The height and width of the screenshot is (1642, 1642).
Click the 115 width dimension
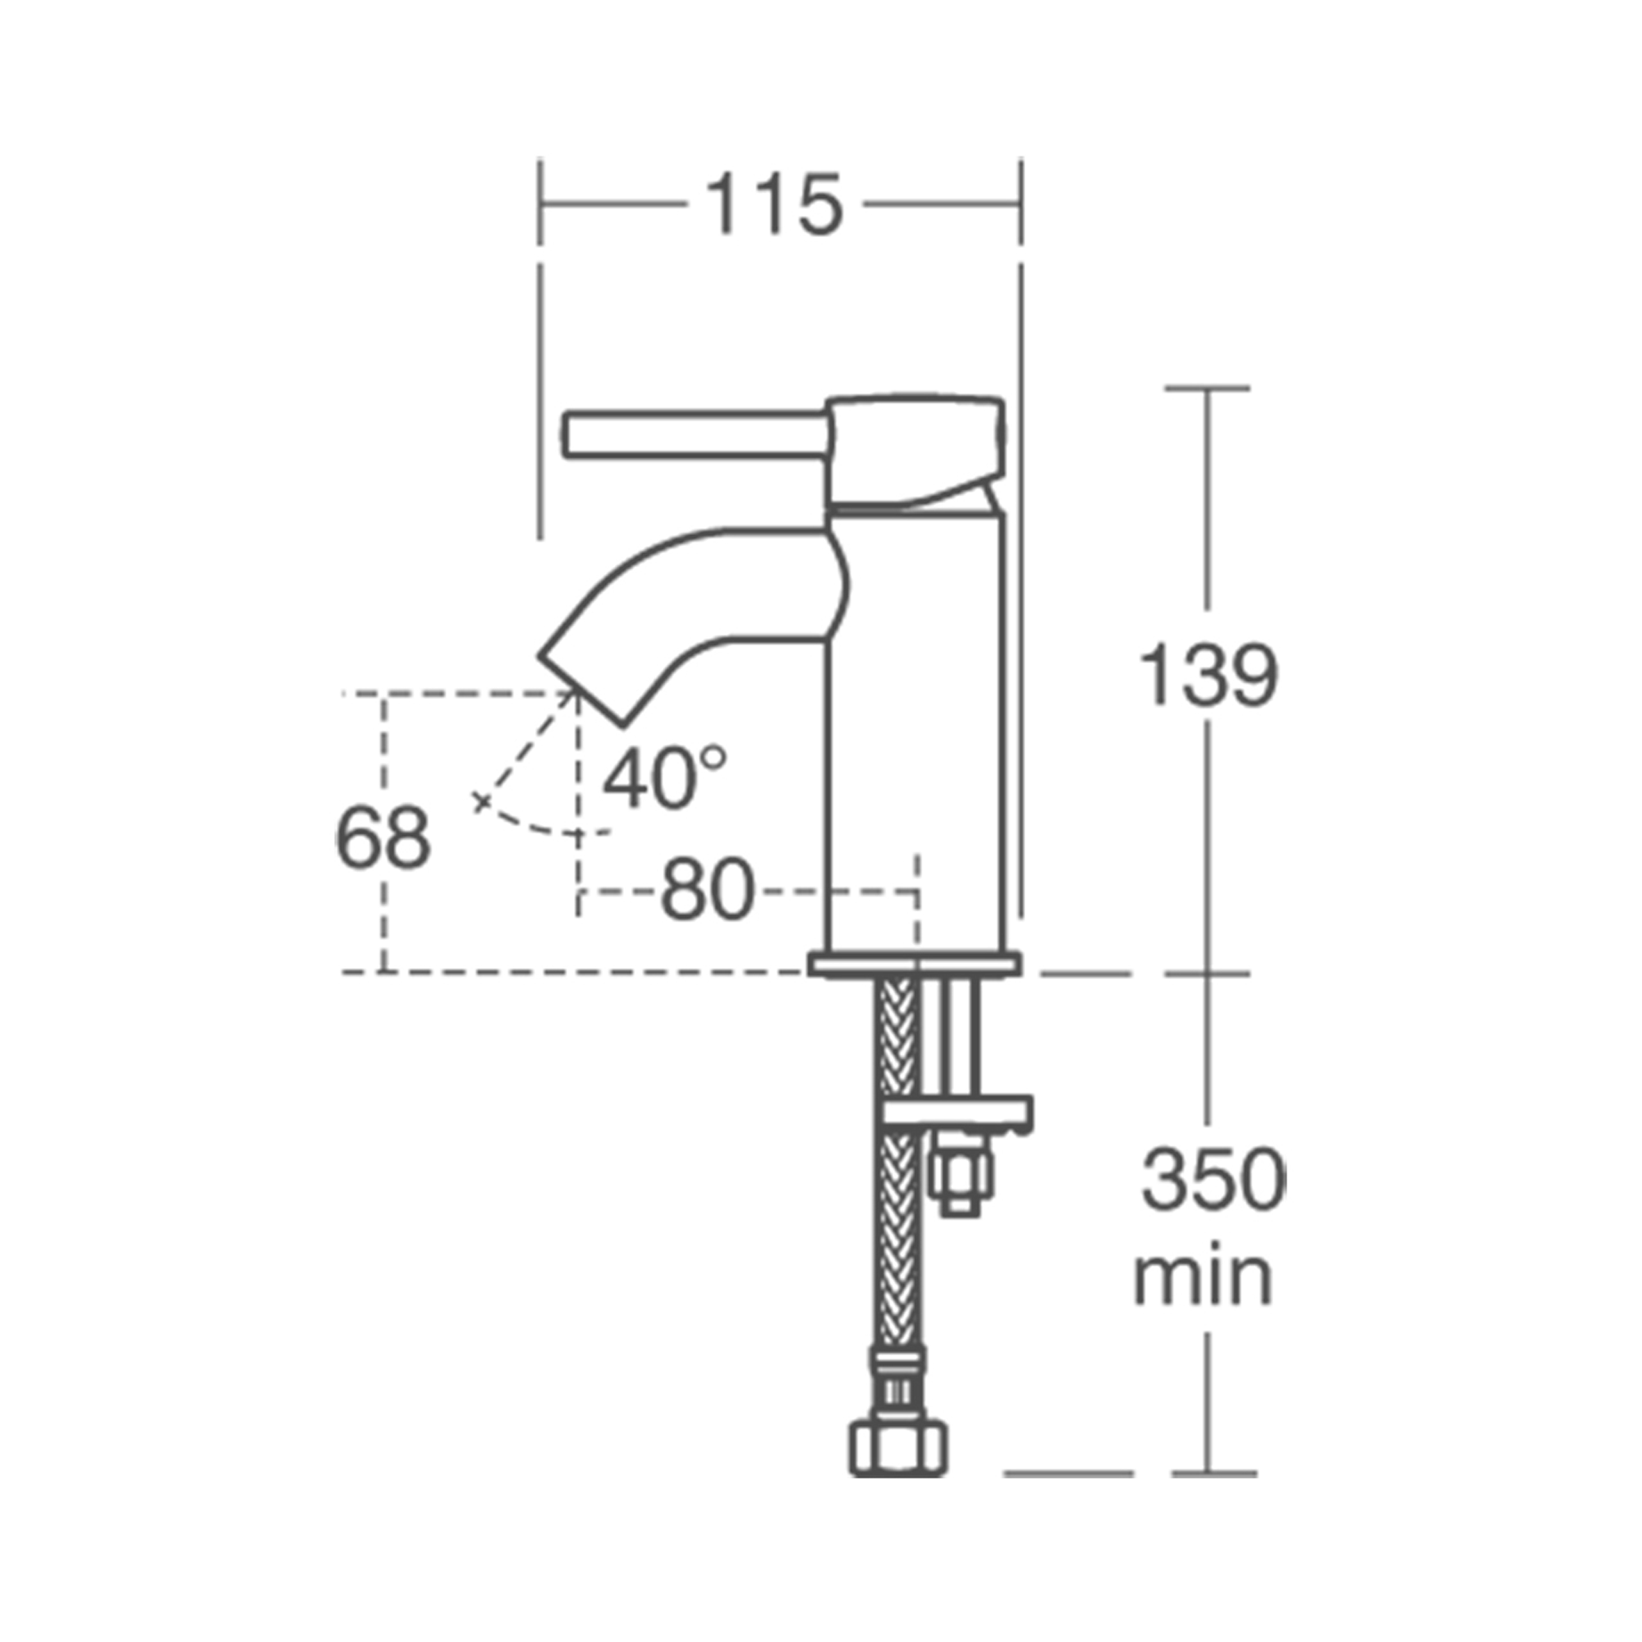[773, 204]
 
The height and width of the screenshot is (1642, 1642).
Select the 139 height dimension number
[1208, 677]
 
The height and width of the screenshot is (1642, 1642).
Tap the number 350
[1213, 1181]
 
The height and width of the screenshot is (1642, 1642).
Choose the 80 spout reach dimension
[707, 892]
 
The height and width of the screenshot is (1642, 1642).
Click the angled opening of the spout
[581, 691]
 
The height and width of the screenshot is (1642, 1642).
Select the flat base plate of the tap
[915, 965]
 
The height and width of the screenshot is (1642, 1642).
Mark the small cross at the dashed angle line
[482, 801]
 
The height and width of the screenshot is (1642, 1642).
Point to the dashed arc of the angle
[544, 828]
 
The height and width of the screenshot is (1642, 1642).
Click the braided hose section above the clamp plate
[899, 1037]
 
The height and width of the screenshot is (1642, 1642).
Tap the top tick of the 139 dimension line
[1207, 388]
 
